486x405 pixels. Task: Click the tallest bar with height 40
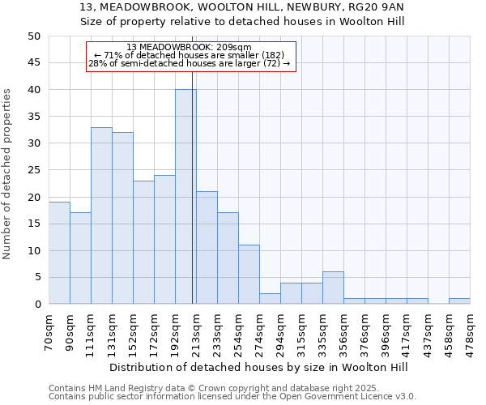click(x=185, y=197)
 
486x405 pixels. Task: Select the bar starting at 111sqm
click(x=101, y=215)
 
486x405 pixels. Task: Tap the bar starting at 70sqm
click(x=59, y=253)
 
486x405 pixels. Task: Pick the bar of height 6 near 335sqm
click(x=333, y=288)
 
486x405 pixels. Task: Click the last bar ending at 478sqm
click(x=459, y=301)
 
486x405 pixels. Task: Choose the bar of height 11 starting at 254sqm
click(x=249, y=275)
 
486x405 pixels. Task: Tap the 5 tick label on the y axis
click(x=36, y=278)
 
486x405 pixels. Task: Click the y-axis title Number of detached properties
click(x=8, y=174)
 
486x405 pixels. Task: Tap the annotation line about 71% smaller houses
click(x=190, y=55)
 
